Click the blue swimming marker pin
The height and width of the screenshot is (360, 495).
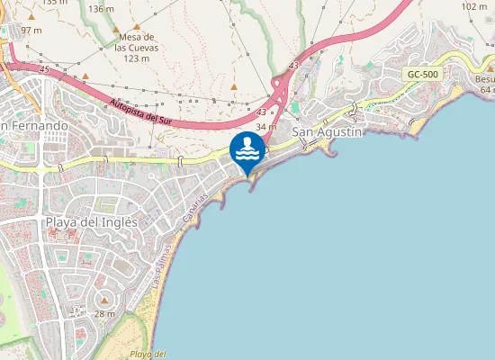[x=247, y=151]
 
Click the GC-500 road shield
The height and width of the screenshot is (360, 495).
[x=422, y=75]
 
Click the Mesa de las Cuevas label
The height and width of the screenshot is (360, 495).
[x=136, y=42]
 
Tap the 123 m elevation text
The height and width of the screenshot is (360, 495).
[x=136, y=58]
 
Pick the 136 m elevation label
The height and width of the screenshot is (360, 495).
[x=102, y=8]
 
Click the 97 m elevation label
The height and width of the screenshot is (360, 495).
[x=31, y=30]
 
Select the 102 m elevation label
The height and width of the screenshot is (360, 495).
[x=474, y=6]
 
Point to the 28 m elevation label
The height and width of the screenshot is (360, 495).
[x=104, y=313]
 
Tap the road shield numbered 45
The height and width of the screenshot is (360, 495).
[x=44, y=68]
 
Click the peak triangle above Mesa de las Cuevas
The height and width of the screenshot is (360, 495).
[x=136, y=27]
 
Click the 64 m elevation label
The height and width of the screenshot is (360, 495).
[x=487, y=89]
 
